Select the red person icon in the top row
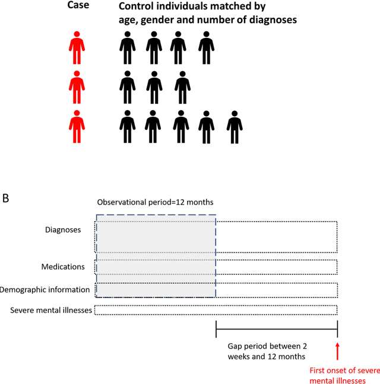point(76,48)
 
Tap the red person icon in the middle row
point(76,88)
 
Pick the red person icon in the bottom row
point(76,127)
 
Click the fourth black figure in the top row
point(206,48)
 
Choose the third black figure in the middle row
point(182,88)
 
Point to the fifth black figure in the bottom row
point(235,127)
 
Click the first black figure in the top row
point(127,48)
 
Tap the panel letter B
point(5,198)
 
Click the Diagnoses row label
point(63,230)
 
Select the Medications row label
point(63,267)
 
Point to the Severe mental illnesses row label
point(50,310)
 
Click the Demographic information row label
point(45,290)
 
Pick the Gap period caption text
point(267,351)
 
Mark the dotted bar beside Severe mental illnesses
point(216,310)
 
